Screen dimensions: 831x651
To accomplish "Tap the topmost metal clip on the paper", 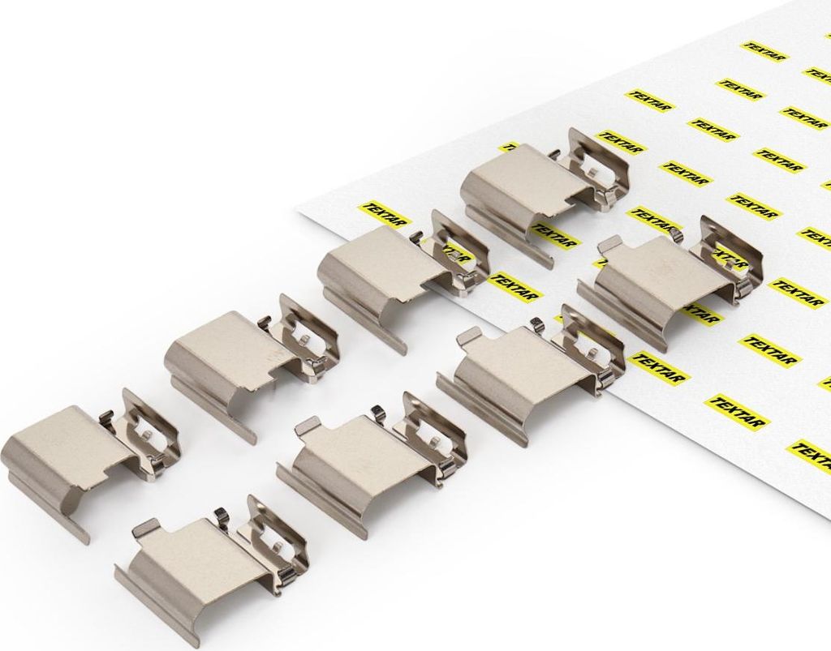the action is [x=546, y=191].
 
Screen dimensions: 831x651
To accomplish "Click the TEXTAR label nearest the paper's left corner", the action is [x=382, y=212].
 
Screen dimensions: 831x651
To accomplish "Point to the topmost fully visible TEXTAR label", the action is [x=764, y=51].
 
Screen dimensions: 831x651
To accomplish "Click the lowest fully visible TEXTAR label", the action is [x=738, y=413].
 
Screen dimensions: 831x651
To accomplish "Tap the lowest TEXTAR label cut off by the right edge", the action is [x=811, y=454].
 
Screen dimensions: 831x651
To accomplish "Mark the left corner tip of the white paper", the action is [x=295, y=211].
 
